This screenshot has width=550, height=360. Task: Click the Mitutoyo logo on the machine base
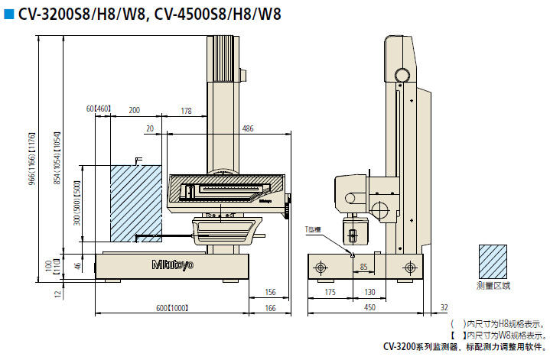tap(173, 264)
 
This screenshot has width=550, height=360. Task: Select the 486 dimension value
tap(248, 128)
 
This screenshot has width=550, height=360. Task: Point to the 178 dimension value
tap(186, 111)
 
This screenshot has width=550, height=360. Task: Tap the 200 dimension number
tap(135, 111)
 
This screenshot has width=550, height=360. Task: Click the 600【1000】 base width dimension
tap(171, 308)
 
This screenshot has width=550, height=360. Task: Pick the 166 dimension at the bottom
tap(269, 308)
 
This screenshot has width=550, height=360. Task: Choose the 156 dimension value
tap(269, 292)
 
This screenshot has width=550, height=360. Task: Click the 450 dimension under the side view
tap(369, 308)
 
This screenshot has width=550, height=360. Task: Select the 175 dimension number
tap(330, 292)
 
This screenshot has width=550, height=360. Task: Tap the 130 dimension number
tap(369, 292)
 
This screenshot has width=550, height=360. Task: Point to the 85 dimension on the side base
tap(363, 267)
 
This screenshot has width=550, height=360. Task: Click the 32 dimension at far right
tap(444, 308)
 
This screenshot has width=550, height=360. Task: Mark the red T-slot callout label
tap(314, 229)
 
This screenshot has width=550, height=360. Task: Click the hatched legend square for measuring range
tap(493, 261)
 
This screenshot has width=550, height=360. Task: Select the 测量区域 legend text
tap(493, 286)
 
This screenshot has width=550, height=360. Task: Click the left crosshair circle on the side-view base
tap(320, 267)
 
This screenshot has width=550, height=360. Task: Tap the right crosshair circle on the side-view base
tap(411, 267)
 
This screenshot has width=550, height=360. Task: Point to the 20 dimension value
tap(149, 128)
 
